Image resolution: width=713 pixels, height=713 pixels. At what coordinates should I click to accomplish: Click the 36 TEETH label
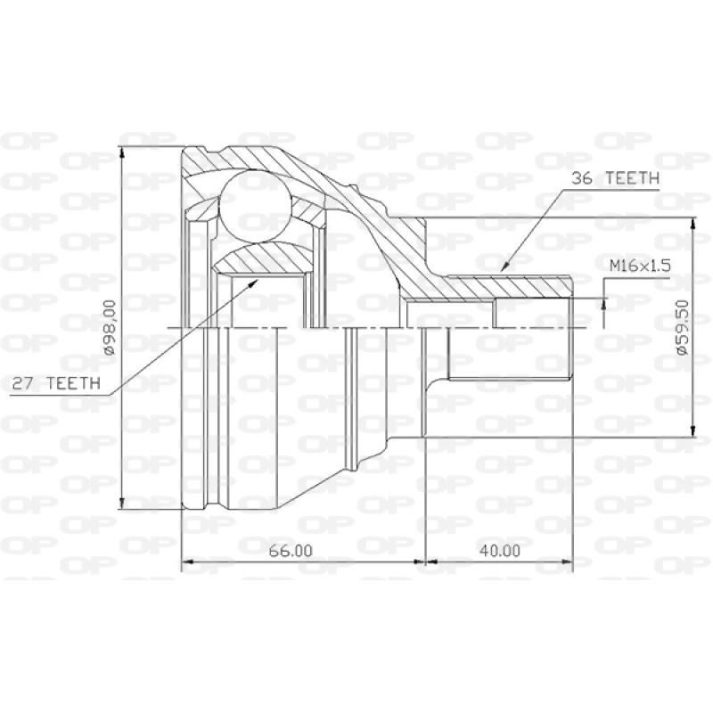click(x=614, y=178)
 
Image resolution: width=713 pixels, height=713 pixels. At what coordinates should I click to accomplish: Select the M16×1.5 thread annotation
click(x=639, y=266)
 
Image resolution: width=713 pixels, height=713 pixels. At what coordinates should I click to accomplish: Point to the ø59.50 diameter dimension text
click(x=683, y=329)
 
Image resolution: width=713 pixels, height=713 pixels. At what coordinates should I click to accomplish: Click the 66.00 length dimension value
click(x=291, y=550)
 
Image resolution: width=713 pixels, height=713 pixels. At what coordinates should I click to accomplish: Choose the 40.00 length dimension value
click(x=498, y=550)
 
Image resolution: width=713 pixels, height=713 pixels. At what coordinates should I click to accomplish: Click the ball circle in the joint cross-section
click(x=257, y=203)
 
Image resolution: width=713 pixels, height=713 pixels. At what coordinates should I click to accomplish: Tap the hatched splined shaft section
click(x=508, y=286)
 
